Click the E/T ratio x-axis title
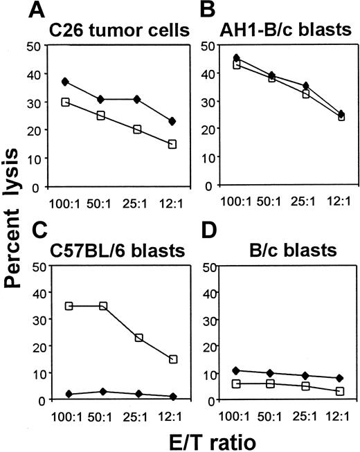point(197,437)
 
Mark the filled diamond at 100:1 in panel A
point(65,82)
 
